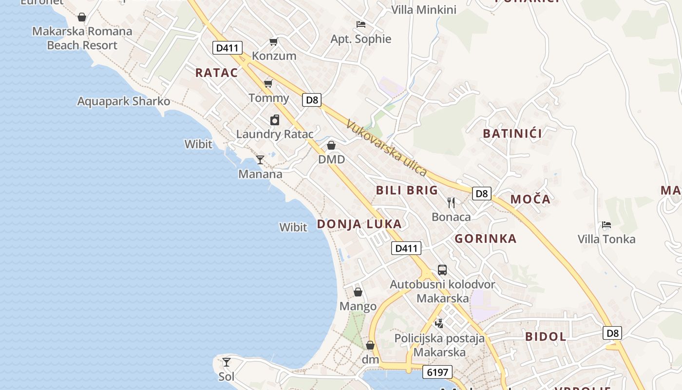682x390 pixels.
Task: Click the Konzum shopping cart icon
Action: click(273, 42)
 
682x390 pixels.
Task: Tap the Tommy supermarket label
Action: click(269, 98)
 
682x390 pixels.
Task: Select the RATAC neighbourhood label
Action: click(217, 73)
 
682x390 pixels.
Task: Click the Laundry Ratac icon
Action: click(275, 120)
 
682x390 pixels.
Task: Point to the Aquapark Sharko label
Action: click(124, 101)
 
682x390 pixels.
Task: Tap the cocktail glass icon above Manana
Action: click(260, 160)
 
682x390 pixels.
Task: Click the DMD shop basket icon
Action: click(331, 145)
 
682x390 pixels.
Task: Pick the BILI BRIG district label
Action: click(407, 190)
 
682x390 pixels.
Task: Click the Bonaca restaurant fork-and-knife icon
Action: click(451, 202)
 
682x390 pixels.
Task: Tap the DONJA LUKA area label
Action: click(360, 224)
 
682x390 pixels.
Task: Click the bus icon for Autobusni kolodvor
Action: click(442, 270)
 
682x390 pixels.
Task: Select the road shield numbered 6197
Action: click(437, 372)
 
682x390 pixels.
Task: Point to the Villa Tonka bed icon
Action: click(606, 225)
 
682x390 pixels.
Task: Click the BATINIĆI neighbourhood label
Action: click(512, 134)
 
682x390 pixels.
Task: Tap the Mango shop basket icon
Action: click(358, 292)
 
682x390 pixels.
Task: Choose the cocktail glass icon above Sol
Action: click(227, 362)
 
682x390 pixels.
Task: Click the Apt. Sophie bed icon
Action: click(361, 24)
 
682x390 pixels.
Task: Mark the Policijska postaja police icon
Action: click(439, 323)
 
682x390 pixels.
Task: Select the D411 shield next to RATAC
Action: click(227, 48)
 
